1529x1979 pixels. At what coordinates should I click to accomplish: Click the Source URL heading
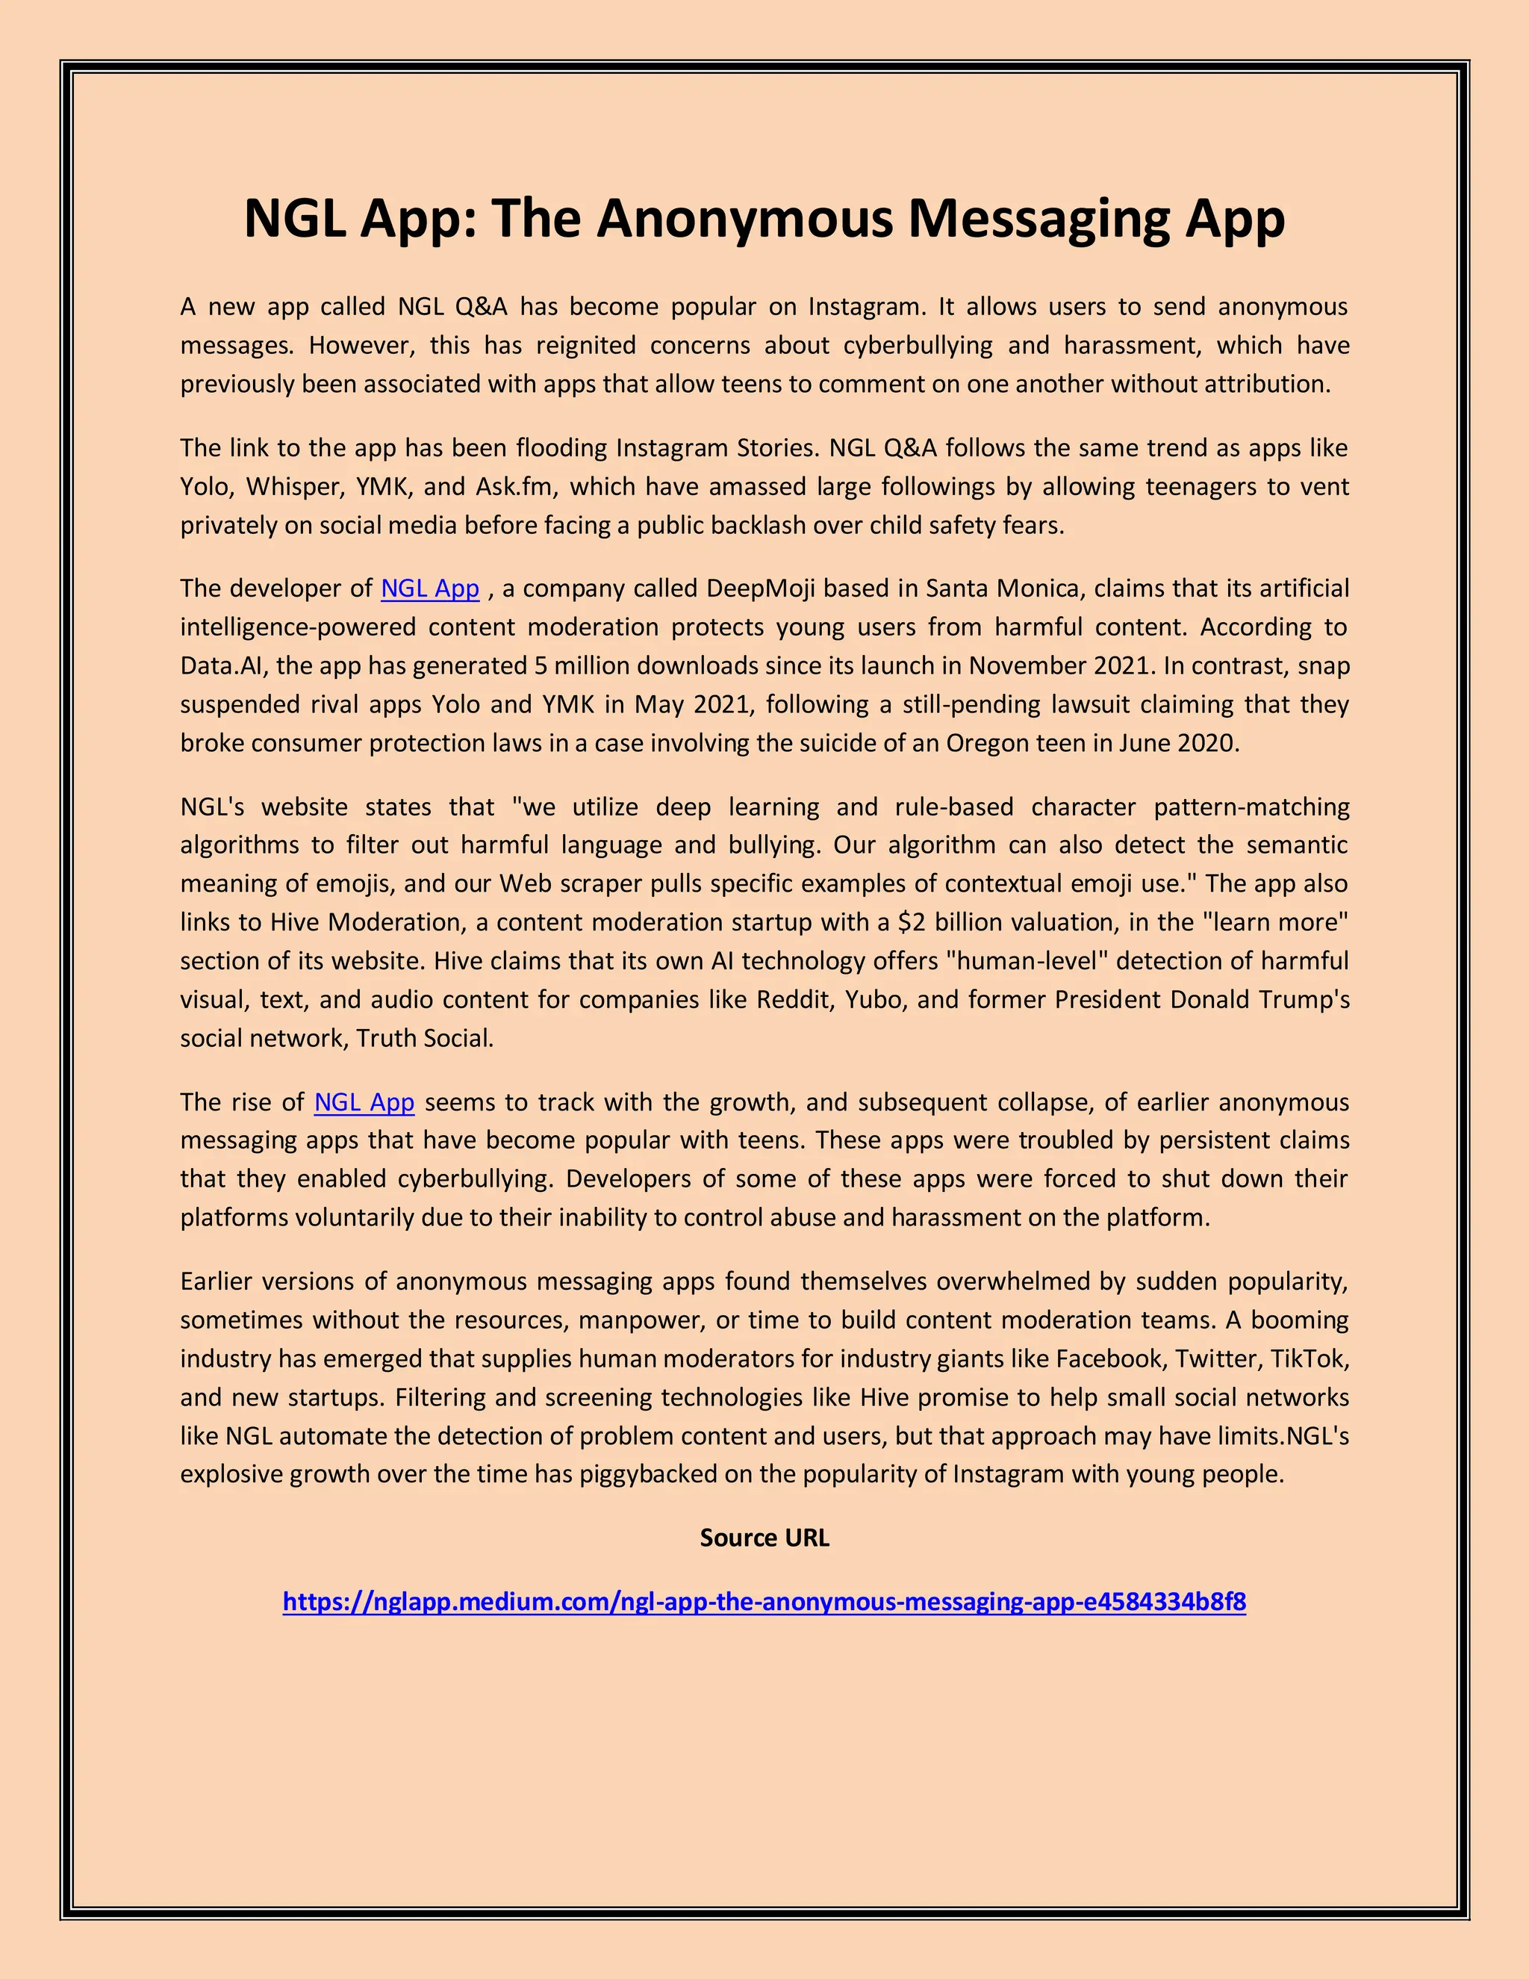pos(764,1538)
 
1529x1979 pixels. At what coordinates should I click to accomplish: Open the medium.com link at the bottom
pos(764,1602)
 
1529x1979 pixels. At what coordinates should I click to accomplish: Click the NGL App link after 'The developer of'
pos(429,589)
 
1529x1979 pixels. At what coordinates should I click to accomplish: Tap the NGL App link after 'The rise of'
pos(364,1103)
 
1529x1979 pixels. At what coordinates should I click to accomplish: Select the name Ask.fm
pos(514,487)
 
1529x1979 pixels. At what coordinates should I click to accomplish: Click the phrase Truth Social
pos(425,1039)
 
